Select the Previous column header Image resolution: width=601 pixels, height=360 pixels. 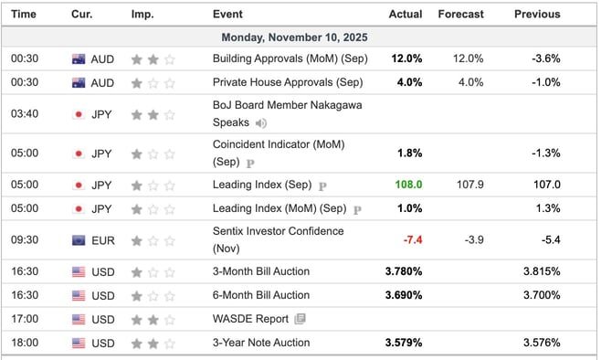point(537,15)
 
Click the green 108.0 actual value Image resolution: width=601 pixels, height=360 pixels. point(408,185)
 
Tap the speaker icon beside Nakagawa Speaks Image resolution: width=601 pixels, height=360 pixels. point(261,122)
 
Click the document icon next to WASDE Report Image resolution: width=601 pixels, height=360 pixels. point(300,319)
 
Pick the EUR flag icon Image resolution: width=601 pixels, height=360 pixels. point(79,240)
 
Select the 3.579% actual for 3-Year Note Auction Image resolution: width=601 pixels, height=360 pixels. point(403,344)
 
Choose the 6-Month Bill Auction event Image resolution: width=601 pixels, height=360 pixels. point(260,295)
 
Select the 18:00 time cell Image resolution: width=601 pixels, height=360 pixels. point(24,344)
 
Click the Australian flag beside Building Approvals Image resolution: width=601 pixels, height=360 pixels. point(79,58)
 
